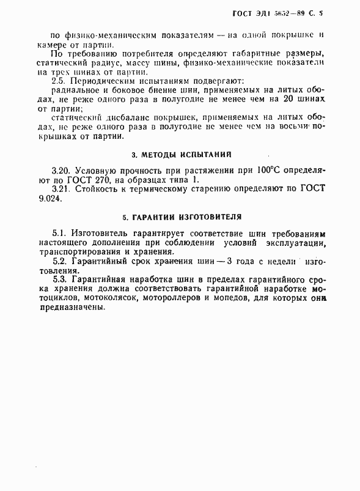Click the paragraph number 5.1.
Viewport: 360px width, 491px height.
tap(60, 234)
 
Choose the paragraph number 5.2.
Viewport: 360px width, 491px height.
tap(61, 262)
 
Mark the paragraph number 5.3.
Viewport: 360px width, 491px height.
tap(61, 279)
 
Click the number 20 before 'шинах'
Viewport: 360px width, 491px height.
tap(296, 99)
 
